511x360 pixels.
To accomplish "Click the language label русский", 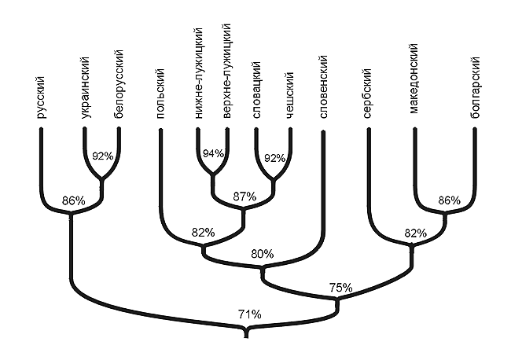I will pyautogui.click(x=40, y=98).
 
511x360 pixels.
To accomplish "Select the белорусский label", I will pyautogui.click(x=119, y=83).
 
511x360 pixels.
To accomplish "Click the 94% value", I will pyautogui.click(x=212, y=154).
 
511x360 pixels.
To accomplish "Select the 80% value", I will pyautogui.click(x=262, y=254).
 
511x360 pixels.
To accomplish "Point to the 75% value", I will pyautogui.click(x=340, y=288).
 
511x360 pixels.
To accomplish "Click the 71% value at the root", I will pyautogui.click(x=250, y=314).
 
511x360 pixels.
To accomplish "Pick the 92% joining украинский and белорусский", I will pyautogui.click(x=102, y=156).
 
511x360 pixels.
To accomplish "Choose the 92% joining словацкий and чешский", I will pyautogui.click(x=274, y=158).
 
